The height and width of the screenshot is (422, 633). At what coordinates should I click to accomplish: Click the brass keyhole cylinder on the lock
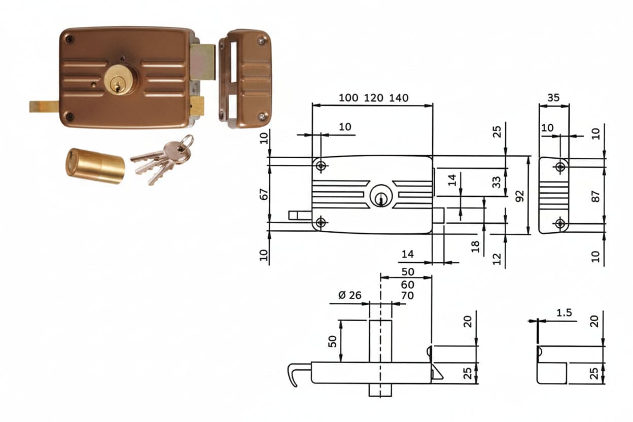click(120, 80)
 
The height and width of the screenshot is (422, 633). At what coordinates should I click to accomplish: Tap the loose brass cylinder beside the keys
click(95, 166)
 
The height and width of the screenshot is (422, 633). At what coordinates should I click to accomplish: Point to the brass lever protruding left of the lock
click(44, 107)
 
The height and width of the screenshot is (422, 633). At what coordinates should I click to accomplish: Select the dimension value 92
click(519, 196)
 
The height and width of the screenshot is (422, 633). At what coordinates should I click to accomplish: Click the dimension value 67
click(264, 194)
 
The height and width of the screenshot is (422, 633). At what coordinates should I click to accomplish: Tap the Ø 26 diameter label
click(350, 295)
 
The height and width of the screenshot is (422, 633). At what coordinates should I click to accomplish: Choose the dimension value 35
click(553, 98)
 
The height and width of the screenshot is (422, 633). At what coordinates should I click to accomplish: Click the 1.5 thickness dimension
click(564, 313)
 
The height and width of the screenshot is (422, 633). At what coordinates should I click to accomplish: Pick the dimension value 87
click(595, 196)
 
